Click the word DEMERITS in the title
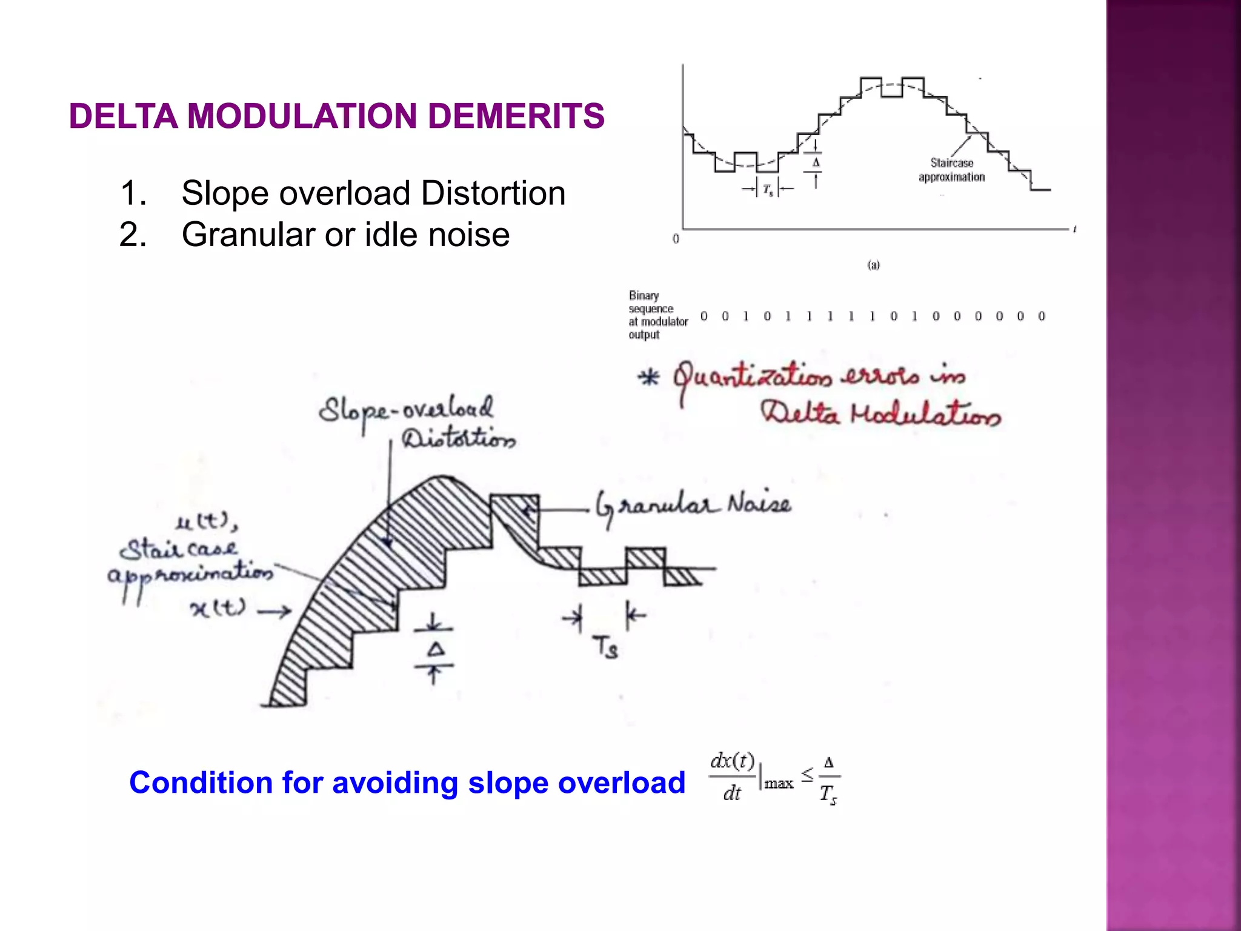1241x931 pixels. click(516, 116)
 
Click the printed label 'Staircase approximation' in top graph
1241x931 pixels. click(951, 170)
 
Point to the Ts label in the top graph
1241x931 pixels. click(768, 190)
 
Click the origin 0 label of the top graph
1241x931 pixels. click(676, 239)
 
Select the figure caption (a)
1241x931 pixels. click(873, 265)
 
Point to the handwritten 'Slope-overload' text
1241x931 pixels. click(406, 410)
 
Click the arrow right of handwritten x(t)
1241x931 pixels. click(274, 612)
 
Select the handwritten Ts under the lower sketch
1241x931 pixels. click(605, 647)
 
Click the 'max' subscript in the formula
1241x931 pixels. click(779, 784)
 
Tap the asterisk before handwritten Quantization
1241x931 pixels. click(649, 377)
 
